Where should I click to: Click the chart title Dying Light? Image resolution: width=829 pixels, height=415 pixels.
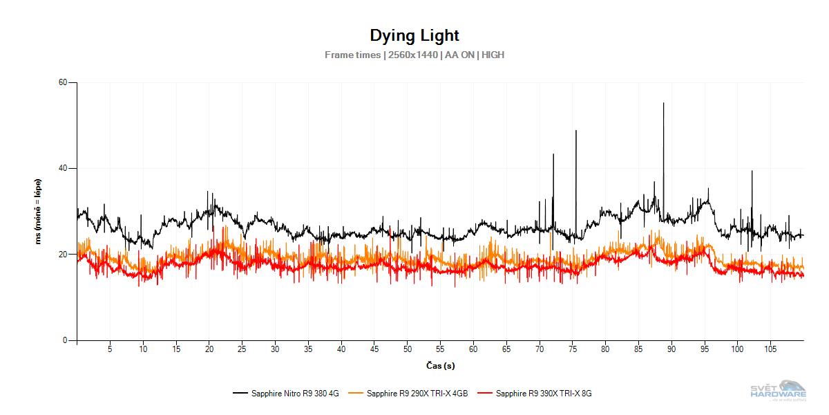(x=414, y=35)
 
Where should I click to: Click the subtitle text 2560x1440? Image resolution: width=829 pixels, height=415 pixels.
(x=412, y=55)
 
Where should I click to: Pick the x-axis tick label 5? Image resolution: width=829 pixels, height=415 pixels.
(x=110, y=349)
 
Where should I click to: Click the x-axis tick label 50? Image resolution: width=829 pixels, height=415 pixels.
(x=407, y=349)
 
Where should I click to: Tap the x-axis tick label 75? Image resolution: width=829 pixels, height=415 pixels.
(x=572, y=349)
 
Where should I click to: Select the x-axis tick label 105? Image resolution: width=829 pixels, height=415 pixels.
(x=770, y=349)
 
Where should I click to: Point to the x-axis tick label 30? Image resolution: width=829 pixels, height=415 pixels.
(x=275, y=349)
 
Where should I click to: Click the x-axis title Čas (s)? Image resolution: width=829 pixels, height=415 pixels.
(x=439, y=365)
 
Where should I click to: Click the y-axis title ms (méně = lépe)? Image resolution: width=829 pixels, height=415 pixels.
(x=39, y=212)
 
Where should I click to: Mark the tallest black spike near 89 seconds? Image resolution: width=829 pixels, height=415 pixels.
(x=663, y=104)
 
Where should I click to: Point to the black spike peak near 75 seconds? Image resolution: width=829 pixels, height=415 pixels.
(x=575, y=131)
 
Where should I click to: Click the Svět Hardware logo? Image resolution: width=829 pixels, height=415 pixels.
(x=778, y=391)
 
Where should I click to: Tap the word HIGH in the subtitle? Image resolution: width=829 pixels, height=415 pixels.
(x=493, y=55)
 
